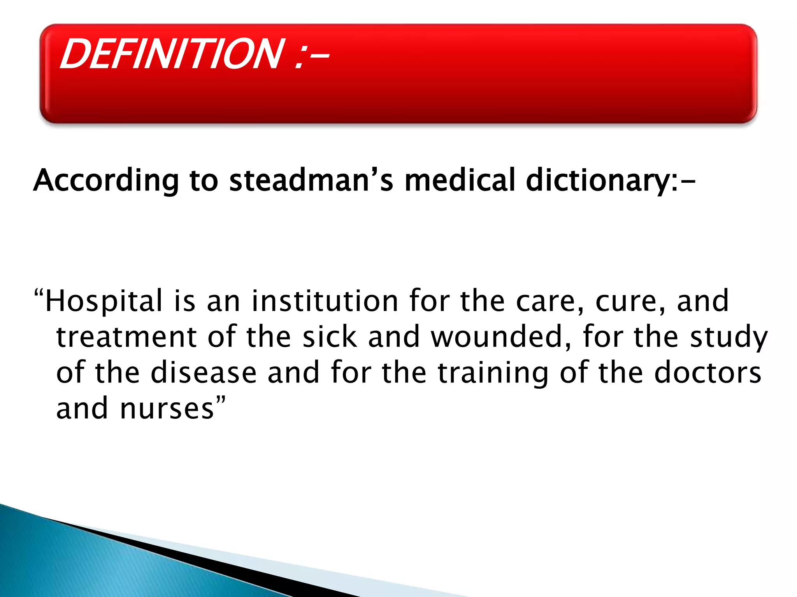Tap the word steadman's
coord(311,181)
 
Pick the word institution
coord(325,301)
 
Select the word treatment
coord(126,337)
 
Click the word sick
coord(330,337)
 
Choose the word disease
coord(204,373)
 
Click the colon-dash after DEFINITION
coord(311,56)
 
